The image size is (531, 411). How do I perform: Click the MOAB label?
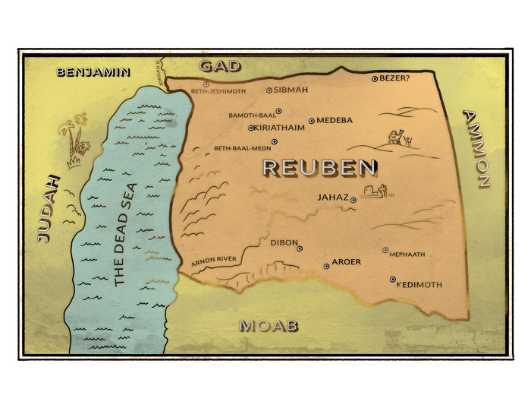[269, 326]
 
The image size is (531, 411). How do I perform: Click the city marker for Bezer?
[374, 78]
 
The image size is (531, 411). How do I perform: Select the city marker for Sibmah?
[269, 90]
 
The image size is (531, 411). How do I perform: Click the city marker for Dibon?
[300, 248]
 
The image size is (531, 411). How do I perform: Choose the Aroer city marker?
[326, 265]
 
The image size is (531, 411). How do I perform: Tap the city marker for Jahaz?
[353, 200]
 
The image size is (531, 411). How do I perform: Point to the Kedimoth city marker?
[393, 280]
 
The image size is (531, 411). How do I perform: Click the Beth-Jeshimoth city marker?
[206, 84]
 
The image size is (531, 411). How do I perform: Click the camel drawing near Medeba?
[398, 136]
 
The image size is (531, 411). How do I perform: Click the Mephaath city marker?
[385, 250]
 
